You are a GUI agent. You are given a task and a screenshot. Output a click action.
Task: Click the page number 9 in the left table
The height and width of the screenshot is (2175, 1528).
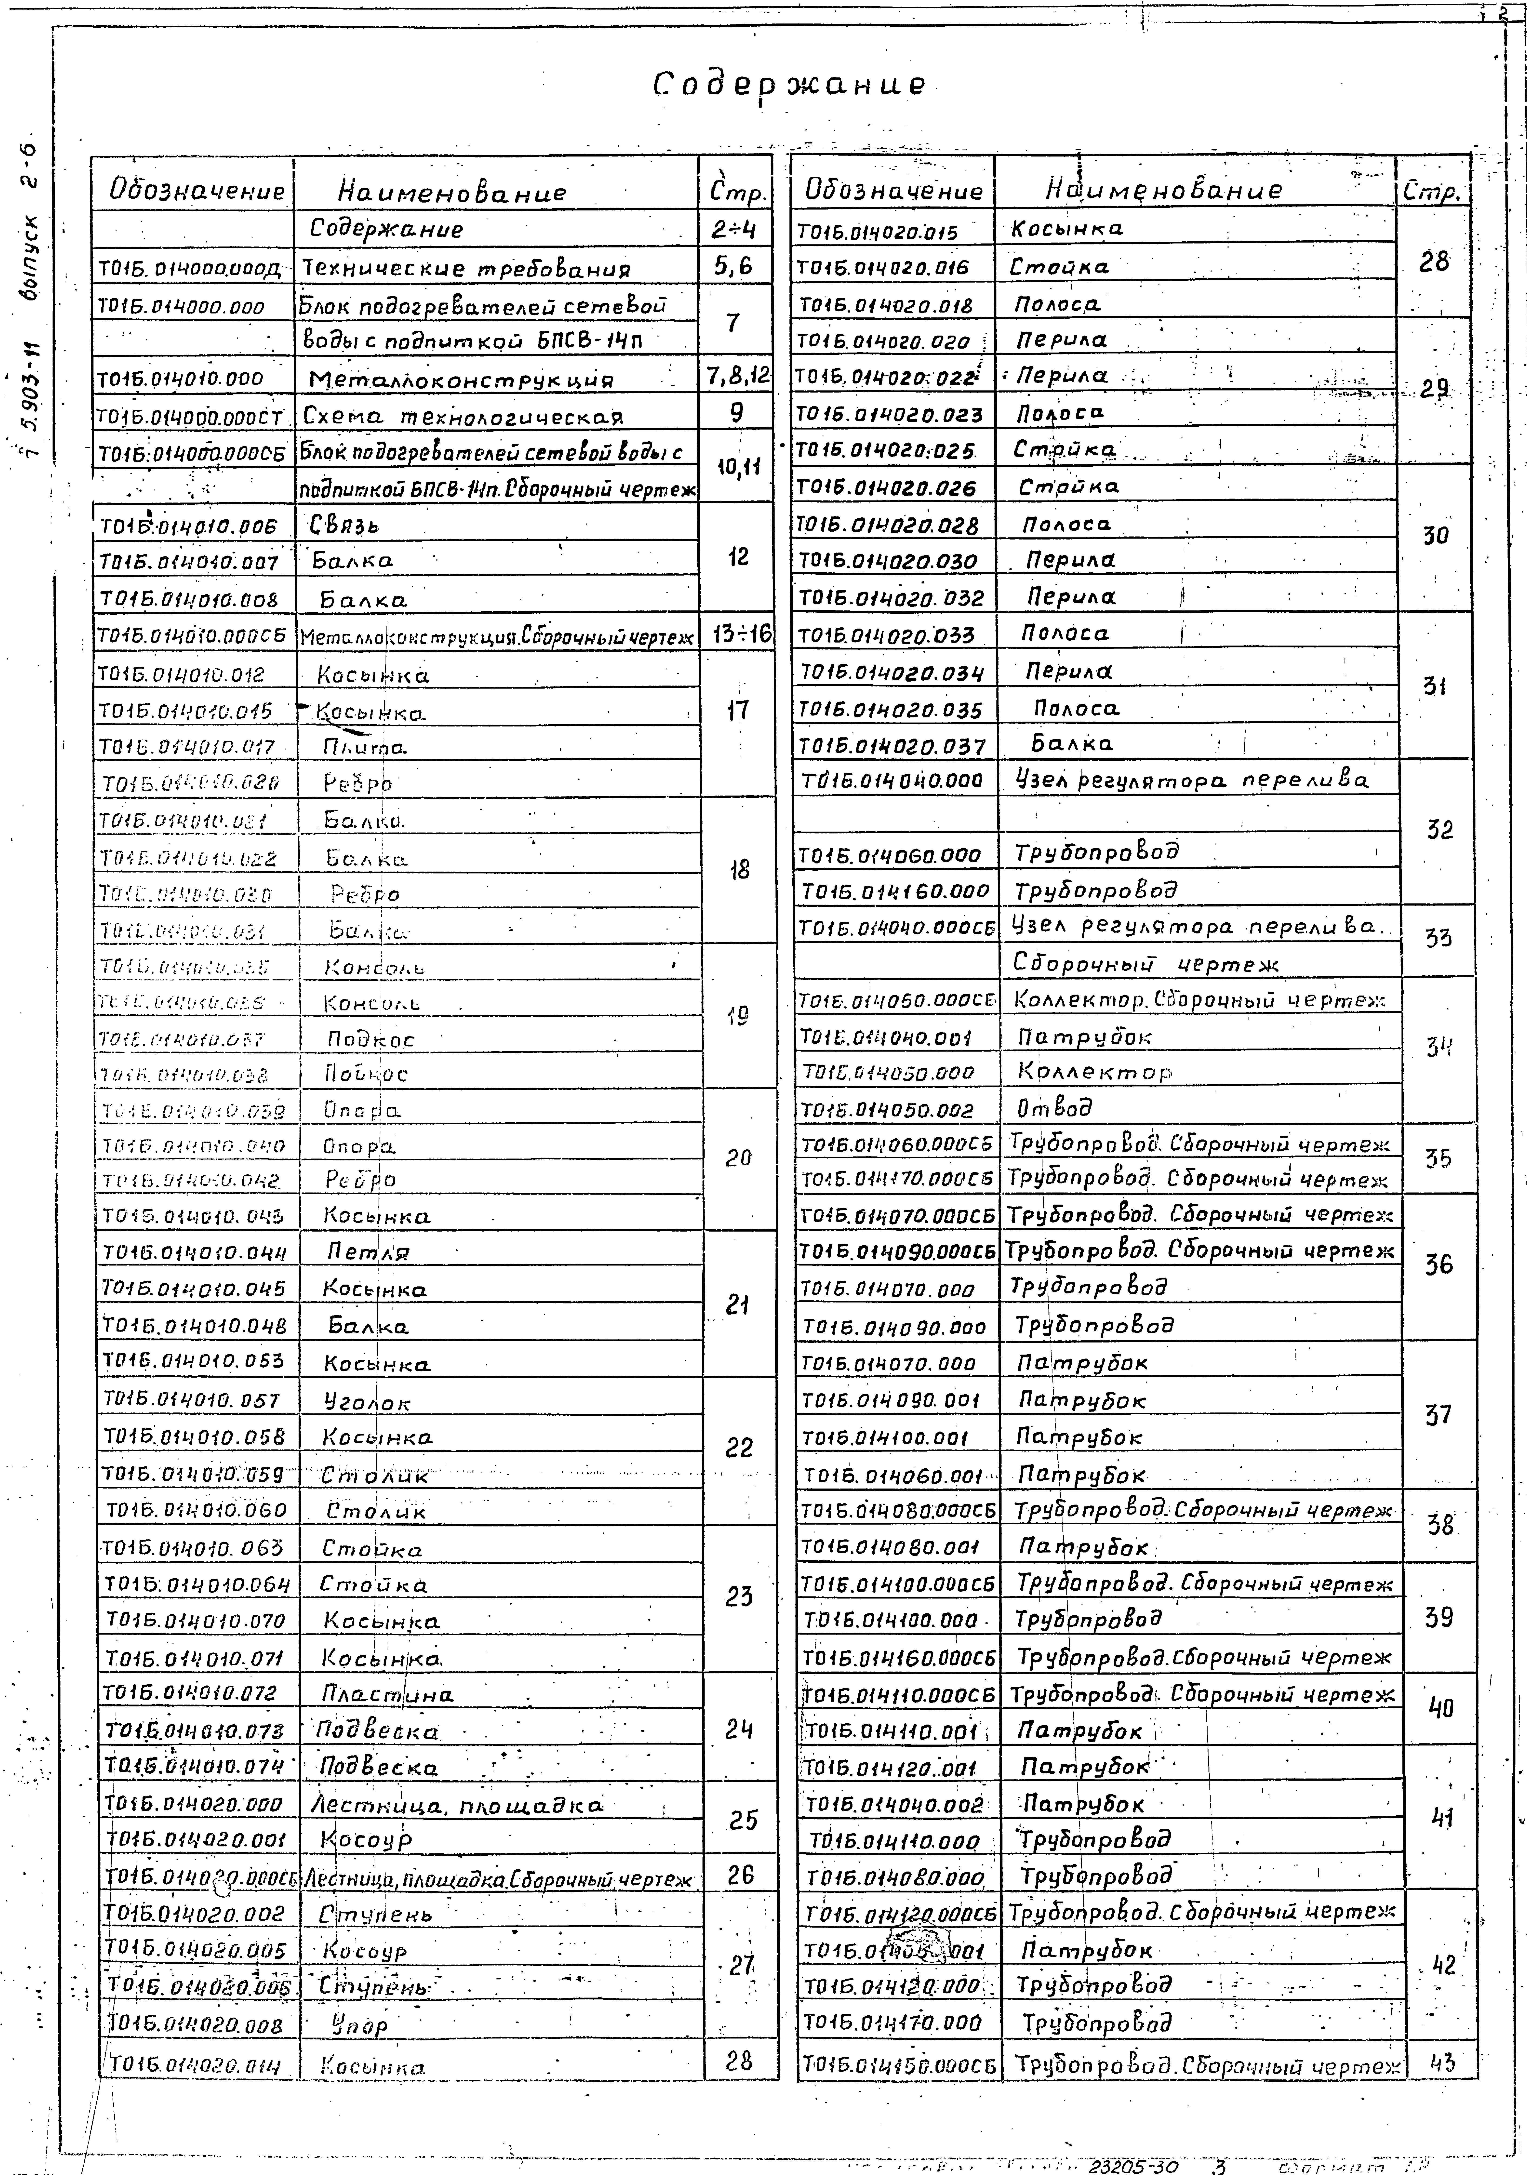pyautogui.click(x=736, y=412)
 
